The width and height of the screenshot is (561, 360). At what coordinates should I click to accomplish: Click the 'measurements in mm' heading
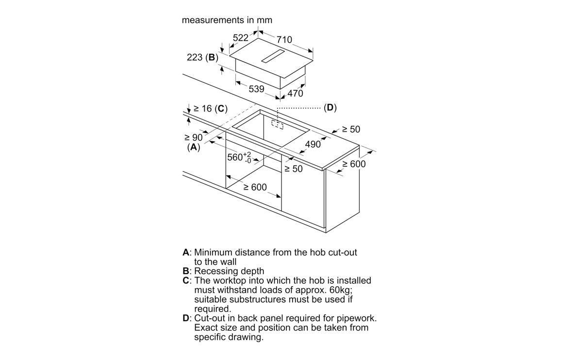tap(227, 20)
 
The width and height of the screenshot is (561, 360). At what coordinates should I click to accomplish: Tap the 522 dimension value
tap(241, 37)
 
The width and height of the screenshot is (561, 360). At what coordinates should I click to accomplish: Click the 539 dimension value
tap(256, 89)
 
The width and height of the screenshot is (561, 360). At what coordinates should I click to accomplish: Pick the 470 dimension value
tap(296, 94)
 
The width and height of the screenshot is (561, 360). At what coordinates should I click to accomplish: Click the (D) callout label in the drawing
tap(330, 107)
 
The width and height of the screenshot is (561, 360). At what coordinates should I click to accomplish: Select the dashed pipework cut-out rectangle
tap(277, 125)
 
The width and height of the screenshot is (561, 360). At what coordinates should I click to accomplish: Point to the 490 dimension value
tap(313, 144)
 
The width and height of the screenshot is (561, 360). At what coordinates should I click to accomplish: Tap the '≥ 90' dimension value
tap(194, 138)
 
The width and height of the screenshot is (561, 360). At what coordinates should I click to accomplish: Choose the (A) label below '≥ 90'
tap(194, 147)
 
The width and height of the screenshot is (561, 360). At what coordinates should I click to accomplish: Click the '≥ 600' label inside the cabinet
tap(255, 187)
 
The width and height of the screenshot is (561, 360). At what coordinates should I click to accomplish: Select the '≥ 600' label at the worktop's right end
tap(354, 164)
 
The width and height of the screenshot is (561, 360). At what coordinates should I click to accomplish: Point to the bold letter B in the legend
tap(186, 271)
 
